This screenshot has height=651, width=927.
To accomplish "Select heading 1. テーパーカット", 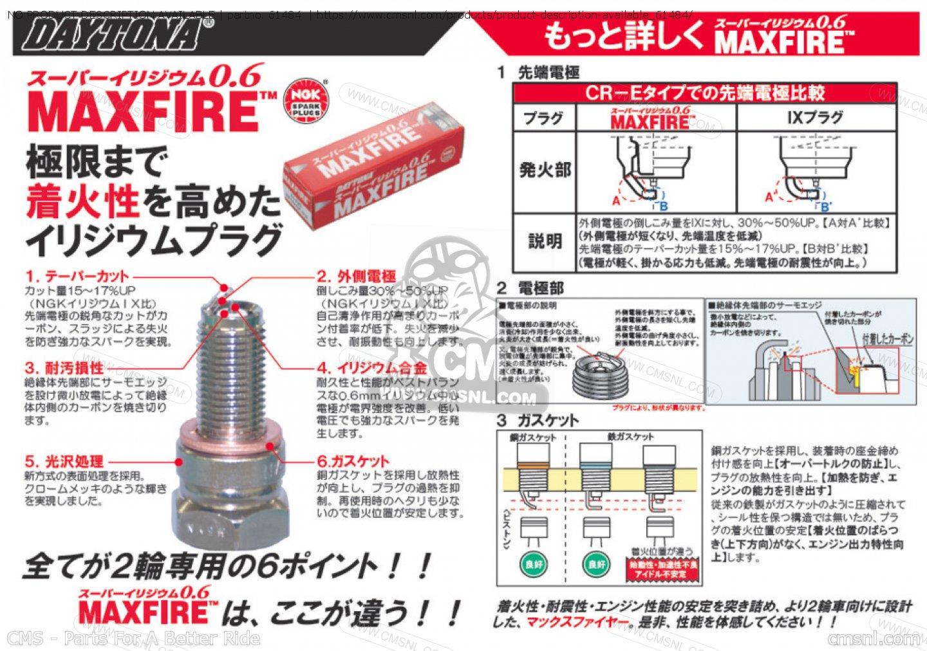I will click(77, 277).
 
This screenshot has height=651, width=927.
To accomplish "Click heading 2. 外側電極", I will click(357, 277).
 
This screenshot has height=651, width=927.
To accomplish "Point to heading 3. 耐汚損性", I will click(64, 368).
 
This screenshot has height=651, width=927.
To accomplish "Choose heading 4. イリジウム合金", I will click(372, 368).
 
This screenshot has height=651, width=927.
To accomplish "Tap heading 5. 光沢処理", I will click(64, 461).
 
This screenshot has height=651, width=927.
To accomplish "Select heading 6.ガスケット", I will click(353, 461).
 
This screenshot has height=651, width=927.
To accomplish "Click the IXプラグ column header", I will click(815, 118).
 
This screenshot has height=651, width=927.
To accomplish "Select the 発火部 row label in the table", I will click(545, 170).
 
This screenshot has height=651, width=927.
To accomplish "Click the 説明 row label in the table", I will click(545, 241).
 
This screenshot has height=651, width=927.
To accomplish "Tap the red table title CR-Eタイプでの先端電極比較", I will click(704, 93).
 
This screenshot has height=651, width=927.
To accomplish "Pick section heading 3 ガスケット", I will click(538, 420).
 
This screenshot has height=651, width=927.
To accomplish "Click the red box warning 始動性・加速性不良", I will click(662, 569).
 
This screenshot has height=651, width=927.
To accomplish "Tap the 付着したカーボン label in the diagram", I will click(887, 339).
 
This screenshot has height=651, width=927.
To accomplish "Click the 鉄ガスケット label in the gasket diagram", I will click(630, 437).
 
